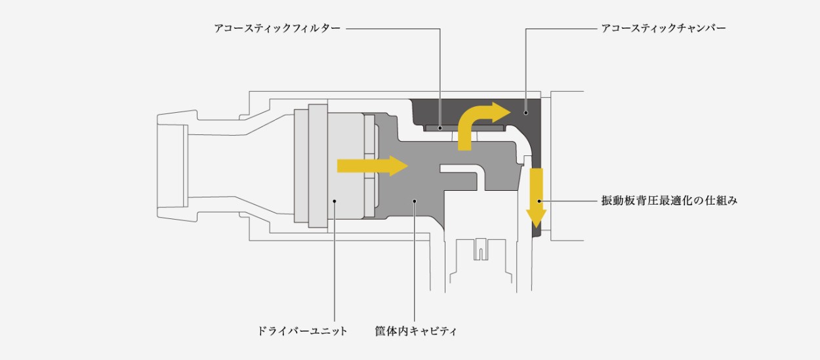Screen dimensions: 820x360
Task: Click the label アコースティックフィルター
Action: (x=277, y=28)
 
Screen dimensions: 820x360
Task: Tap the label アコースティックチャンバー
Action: (x=663, y=28)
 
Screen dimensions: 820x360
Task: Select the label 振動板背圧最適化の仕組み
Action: (x=669, y=201)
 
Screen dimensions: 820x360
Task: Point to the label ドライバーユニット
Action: (x=302, y=331)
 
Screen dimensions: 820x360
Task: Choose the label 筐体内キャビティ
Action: (x=416, y=331)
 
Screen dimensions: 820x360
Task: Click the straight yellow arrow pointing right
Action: (x=373, y=166)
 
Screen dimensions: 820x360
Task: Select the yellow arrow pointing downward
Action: (x=537, y=198)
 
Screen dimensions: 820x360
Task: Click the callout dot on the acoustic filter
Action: (x=440, y=128)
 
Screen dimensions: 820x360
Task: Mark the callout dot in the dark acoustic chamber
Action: (x=525, y=113)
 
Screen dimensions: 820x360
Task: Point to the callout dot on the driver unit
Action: (x=335, y=201)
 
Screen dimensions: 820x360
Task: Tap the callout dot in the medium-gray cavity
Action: (x=415, y=201)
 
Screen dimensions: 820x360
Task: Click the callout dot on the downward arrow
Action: (x=539, y=201)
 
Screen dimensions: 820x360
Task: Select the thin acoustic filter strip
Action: (x=465, y=128)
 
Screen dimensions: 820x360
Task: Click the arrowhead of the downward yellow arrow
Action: (x=537, y=218)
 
